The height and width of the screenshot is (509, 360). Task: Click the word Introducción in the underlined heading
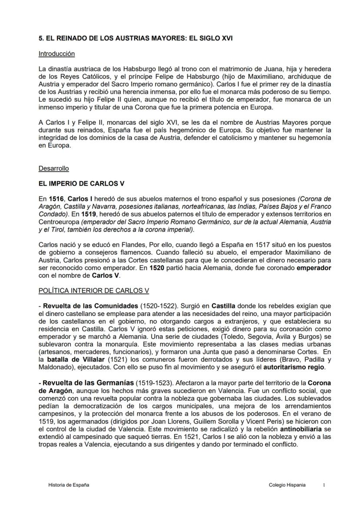(57, 54)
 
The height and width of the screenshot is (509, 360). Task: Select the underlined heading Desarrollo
(53, 168)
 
